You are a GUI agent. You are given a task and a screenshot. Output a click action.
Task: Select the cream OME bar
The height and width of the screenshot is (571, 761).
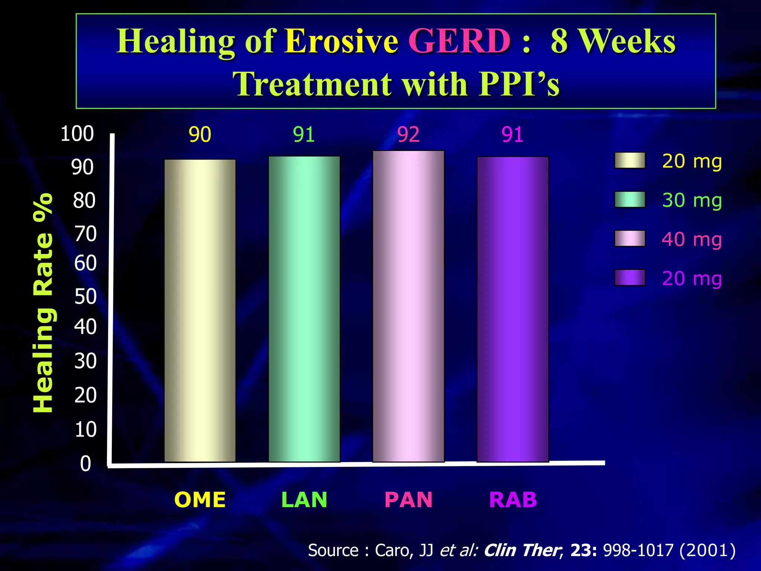[200, 310]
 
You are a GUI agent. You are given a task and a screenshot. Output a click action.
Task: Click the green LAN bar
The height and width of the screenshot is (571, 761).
[304, 309]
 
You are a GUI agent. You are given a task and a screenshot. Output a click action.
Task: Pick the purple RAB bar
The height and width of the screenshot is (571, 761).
[512, 309]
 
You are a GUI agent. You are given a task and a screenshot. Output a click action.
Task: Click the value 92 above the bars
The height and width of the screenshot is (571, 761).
[408, 135]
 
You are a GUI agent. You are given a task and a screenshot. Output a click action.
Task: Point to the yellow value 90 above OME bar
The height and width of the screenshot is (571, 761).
[200, 135]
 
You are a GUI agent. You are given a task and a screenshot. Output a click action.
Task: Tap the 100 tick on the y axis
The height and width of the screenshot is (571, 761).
[77, 134]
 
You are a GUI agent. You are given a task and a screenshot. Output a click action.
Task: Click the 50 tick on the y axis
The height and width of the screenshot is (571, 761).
[85, 297]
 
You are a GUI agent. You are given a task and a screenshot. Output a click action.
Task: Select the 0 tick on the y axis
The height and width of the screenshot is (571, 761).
[85, 464]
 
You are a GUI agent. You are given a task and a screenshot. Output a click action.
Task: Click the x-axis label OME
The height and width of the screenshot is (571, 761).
[200, 500]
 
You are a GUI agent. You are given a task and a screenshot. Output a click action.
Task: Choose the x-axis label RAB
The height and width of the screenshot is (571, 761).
[513, 500]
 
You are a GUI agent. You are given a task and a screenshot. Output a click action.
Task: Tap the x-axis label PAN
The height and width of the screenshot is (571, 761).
[408, 500]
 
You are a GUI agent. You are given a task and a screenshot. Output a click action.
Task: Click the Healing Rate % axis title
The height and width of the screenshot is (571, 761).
[43, 303]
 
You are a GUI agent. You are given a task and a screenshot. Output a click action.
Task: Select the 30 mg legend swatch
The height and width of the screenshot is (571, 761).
[629, 199]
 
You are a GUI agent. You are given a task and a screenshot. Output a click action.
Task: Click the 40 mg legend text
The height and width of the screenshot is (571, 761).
[692, 239]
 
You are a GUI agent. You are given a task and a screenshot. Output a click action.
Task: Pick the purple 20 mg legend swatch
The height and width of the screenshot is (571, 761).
[629, 277]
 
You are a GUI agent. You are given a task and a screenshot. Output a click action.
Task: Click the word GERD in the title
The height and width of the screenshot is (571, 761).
[459, 41]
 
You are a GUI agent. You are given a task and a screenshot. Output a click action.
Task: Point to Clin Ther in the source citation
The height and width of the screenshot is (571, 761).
[522, 550]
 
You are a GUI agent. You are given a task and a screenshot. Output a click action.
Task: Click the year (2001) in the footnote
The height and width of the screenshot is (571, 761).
[707, 550]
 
